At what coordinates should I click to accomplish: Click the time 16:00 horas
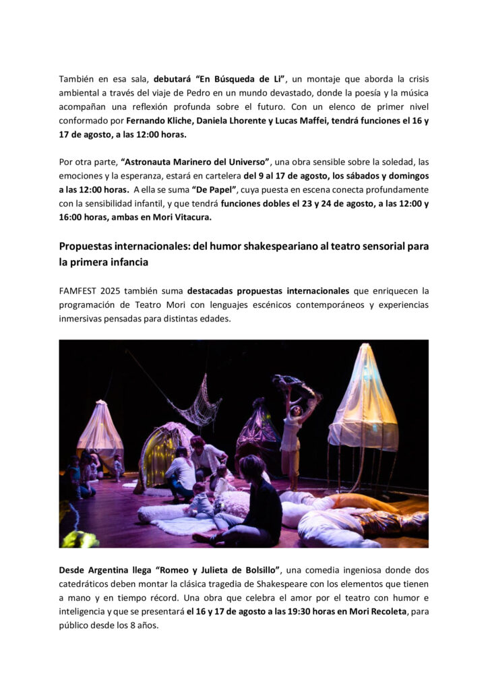click(x=86, y=217)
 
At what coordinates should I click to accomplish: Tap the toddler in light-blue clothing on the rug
click(x=200, y=503)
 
